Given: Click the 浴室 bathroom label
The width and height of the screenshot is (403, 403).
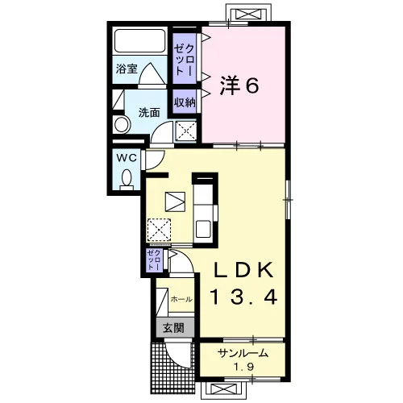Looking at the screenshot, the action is [127, 69].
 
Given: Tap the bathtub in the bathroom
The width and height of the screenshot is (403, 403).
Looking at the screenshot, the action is [139, 41].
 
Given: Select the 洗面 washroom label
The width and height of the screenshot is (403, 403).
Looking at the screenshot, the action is [149, 113].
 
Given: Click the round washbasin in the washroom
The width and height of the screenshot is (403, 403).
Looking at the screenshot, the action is [122, 125].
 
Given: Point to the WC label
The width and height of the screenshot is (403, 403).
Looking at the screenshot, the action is [127, 159].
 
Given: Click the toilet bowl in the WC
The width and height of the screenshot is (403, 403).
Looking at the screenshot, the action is [127, 179].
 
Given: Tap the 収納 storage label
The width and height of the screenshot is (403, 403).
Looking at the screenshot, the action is [185, 102].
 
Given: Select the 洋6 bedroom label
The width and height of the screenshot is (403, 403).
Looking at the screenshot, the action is [239, 85].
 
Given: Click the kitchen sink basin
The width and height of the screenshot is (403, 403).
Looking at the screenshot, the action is [203, 229].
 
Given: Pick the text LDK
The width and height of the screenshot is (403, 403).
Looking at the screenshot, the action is [243, 271].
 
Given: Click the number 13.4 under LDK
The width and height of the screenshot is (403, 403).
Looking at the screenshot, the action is [244, 297].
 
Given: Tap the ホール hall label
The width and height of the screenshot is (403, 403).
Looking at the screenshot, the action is [181, 299].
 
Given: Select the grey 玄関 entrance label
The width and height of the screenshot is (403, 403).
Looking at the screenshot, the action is [174, 328].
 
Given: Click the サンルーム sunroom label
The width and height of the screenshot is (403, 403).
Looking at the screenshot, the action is [243, 353].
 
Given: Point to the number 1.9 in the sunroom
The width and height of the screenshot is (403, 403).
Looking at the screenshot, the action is [243, 367].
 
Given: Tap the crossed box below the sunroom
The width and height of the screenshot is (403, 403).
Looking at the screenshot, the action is [223, 389].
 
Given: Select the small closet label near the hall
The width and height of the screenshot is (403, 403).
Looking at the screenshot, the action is [155, 260].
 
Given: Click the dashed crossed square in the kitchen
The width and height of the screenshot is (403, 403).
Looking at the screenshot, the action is [159, 231].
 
